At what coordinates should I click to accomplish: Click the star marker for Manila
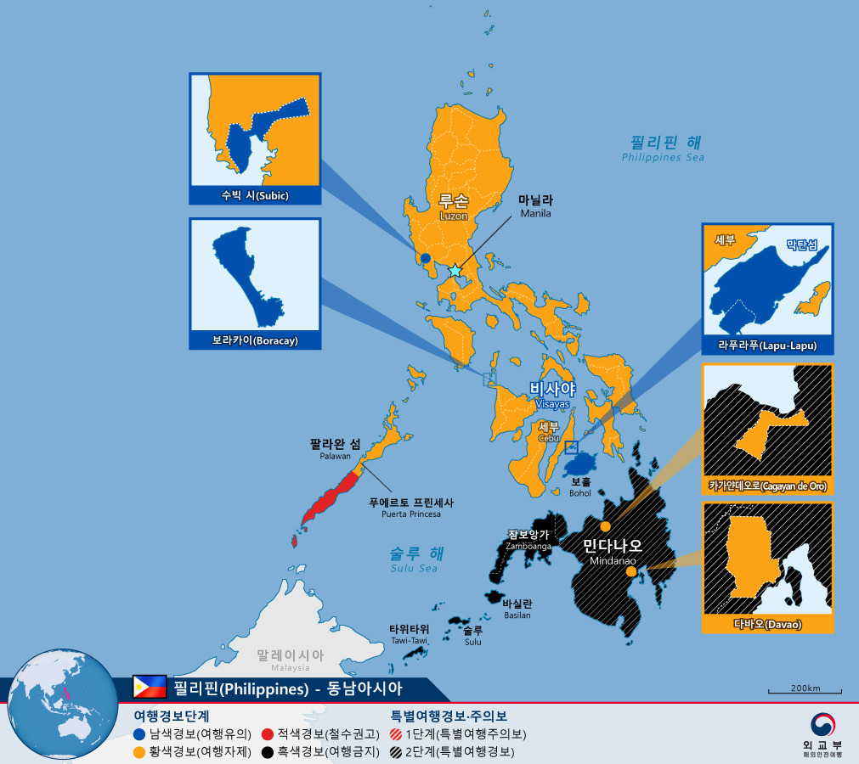[x=455, y=270]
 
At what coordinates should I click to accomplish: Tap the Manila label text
[x=536, y=206]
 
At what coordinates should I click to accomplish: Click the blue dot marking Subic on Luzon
[x=426, y=258]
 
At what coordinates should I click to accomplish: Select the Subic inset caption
[x=255, y=196]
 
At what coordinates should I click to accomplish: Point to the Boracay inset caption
[x=255, y=341]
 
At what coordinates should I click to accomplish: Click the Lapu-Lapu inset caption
[x=767, y=345]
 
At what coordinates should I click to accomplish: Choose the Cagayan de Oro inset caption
[x=767, y=486]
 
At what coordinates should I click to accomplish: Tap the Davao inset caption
[x=767, y=625]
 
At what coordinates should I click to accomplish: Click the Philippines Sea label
[x=663, y=148]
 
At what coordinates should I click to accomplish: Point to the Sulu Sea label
[x=415, y=559]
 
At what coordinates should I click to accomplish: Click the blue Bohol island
[x=581, y=465]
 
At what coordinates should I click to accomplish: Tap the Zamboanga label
[x=528, y=540]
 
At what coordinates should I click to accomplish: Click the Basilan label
[x=517, y=609]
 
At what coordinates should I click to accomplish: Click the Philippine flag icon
[x=150, y=687]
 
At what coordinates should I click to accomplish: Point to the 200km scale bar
[x=805, y=692]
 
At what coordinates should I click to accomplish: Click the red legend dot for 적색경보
[x=268, y=734]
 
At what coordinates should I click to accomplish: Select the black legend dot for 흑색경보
[x=268, y=751]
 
